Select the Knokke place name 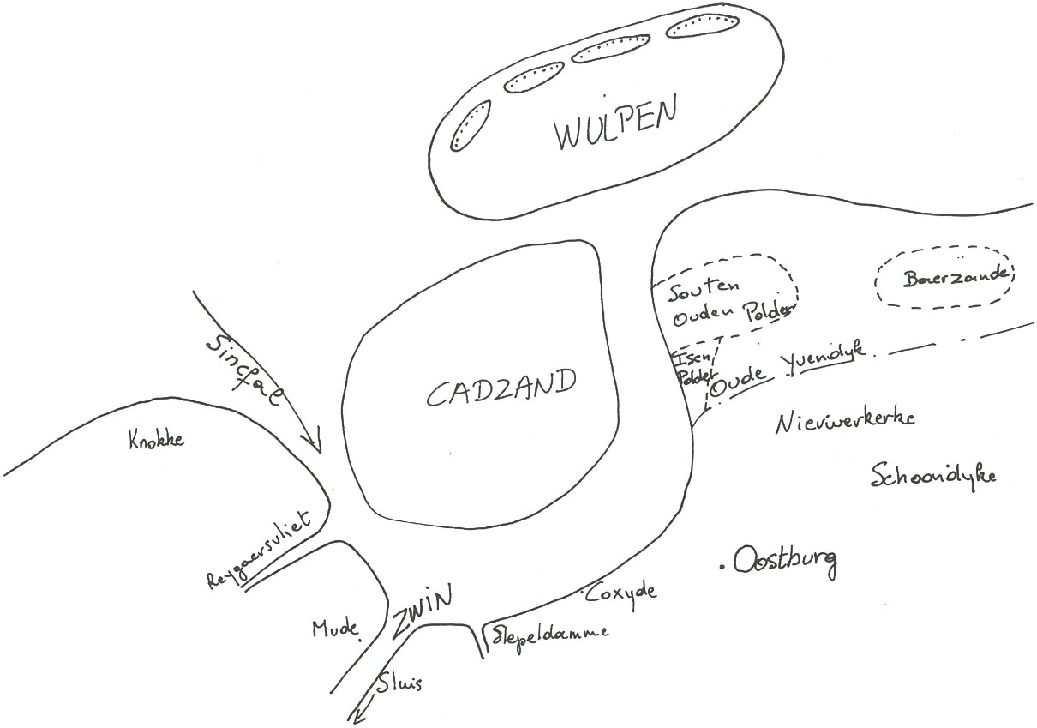coord(156,441)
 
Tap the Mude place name coord(334,629)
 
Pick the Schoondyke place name coord(933,475)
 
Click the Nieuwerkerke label coord(845,420)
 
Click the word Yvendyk coord(824,354)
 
